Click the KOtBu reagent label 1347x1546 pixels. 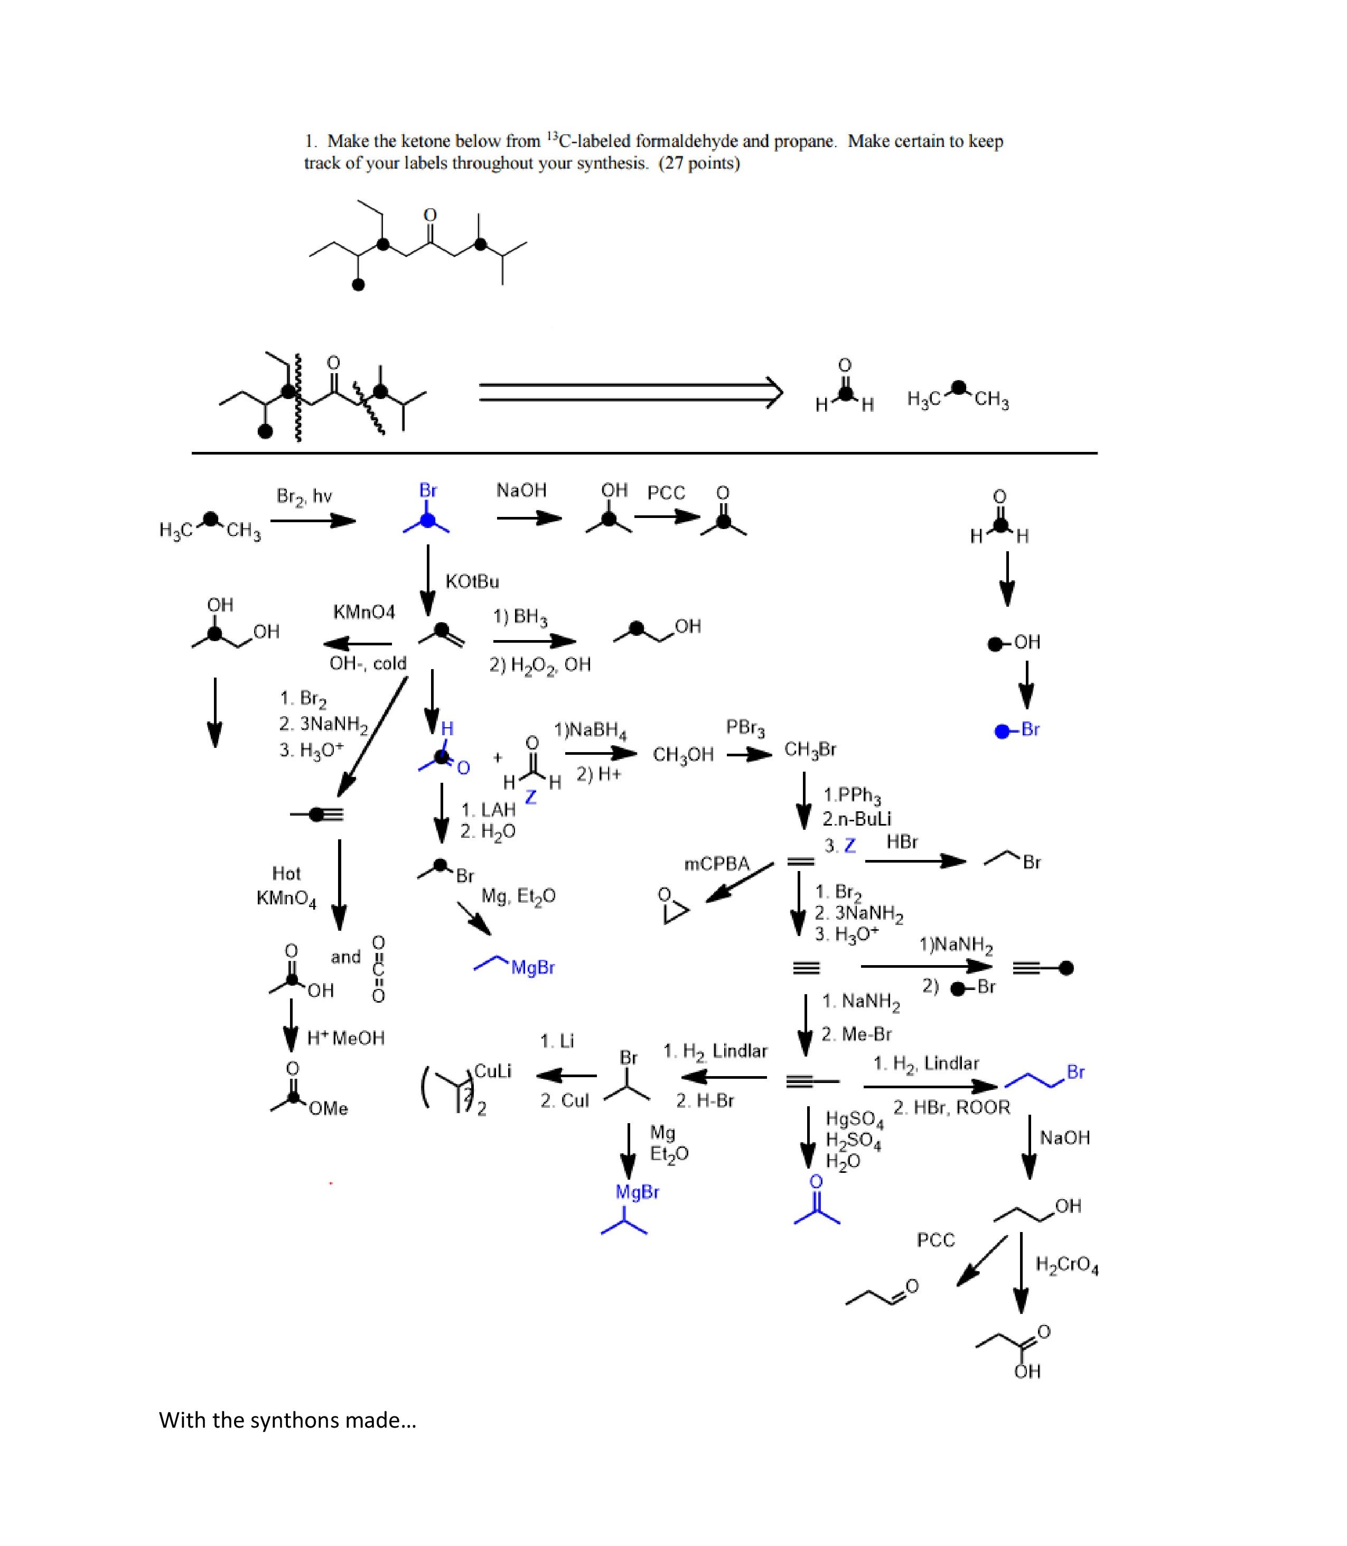tap(472, 581)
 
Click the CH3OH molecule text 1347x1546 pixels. tap(682, 755)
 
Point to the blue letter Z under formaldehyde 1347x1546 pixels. tap(531, 797)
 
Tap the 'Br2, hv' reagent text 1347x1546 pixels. tap(304, 496)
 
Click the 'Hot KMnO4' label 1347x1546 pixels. tap(286, 886)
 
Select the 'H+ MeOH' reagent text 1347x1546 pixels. tap(346, 1039)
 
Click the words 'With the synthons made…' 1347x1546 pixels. tap(287, 1420)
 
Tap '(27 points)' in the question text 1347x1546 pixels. tap(699, 163)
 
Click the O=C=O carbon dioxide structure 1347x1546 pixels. tap(379, 969)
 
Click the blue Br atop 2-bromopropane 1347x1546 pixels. tap(428, 490)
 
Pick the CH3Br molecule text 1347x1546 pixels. tap(810, 749)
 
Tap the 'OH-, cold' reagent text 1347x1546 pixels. tap(368, 663)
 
